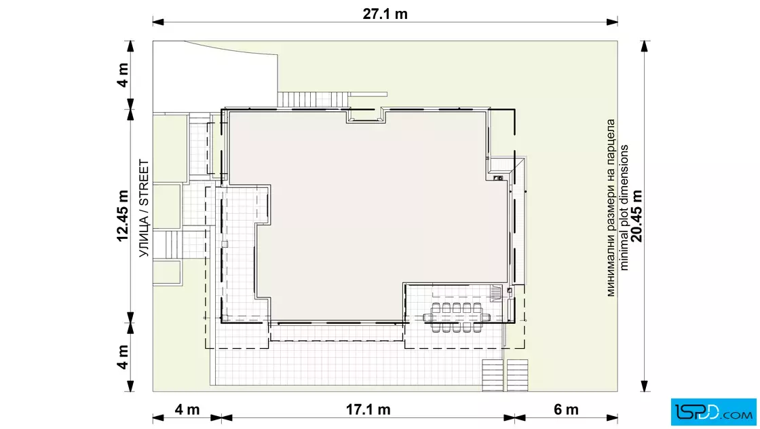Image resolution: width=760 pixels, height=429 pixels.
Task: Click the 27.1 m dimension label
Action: pos(385,14)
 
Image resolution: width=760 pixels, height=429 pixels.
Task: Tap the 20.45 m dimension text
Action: pos(637,216)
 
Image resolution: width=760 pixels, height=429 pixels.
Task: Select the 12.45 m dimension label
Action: pos(123,216)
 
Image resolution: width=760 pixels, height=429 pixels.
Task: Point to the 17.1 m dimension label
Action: pos(368,409)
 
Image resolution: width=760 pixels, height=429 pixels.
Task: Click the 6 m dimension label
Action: pos(566,409)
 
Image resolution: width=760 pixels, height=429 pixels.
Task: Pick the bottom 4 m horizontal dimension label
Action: pos(187,409)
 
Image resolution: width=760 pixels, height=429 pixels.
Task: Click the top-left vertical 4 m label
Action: pos(123,75)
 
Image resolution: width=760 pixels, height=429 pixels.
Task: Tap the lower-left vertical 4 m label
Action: pos(123,357)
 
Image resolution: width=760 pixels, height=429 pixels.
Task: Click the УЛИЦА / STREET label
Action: pos(144,208)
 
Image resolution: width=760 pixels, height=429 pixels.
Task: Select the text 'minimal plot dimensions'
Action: pos(624,208)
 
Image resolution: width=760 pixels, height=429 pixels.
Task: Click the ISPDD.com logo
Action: pos(713,412)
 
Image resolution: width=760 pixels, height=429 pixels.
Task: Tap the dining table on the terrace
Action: pos(457,318)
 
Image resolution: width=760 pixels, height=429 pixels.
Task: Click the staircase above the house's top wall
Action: pos(313,100)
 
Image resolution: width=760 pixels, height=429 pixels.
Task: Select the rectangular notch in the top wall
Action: pos(366,116)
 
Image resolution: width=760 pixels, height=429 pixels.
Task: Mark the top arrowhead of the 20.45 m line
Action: pos(644,46)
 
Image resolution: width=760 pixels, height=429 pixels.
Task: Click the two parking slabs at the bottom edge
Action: pos(505,375)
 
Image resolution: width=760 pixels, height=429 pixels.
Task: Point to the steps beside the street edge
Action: pos(173,245)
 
